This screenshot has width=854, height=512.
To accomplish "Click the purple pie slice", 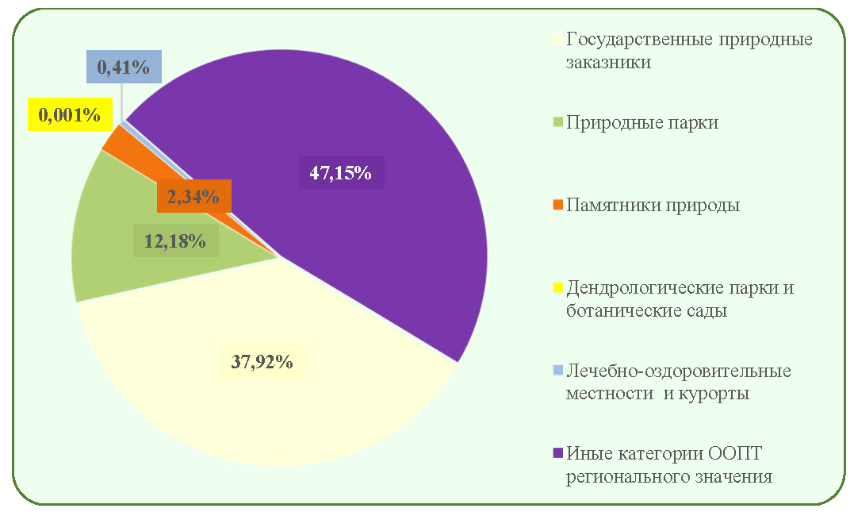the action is pyautogui.click(x=349, y=218).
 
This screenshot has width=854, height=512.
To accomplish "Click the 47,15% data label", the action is pyautogui.click(x=341, y=173).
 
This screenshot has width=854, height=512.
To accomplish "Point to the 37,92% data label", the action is pyautogui.click(x=262, y=361).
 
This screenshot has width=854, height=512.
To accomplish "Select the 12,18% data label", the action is pyautogui.click(x=175, y=241).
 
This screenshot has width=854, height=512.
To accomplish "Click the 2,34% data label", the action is pyautogui.click(x=193, y=196).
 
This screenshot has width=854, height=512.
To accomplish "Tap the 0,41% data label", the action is pyautogui.click(x=124, y=67).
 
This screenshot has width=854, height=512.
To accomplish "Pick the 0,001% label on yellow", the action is pyautogui.click(x=70, y=114).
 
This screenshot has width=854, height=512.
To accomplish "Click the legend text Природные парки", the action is pyautogui.click(x=642, y=122).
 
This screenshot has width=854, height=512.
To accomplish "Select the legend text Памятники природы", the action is pyautogui.click(x=653, y=205).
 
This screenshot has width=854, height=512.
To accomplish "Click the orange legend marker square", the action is pyautogui.click(x=557, y=205).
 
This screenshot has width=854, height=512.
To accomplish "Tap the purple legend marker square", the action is pyautogui.click(x=557, y=453).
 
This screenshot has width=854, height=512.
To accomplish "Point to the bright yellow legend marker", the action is pyautogui.click(x=557, y=287).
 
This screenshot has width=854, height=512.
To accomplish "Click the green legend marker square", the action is pyautogui.click(x=557, y=122).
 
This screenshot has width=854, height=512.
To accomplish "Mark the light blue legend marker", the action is pyautogui.click(x=557, y=370).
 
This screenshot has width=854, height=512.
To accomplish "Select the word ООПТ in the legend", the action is pyautogui.click(x=735, y=453).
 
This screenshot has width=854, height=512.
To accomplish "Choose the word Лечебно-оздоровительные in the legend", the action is pyautogui.click(x=679, y=371).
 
